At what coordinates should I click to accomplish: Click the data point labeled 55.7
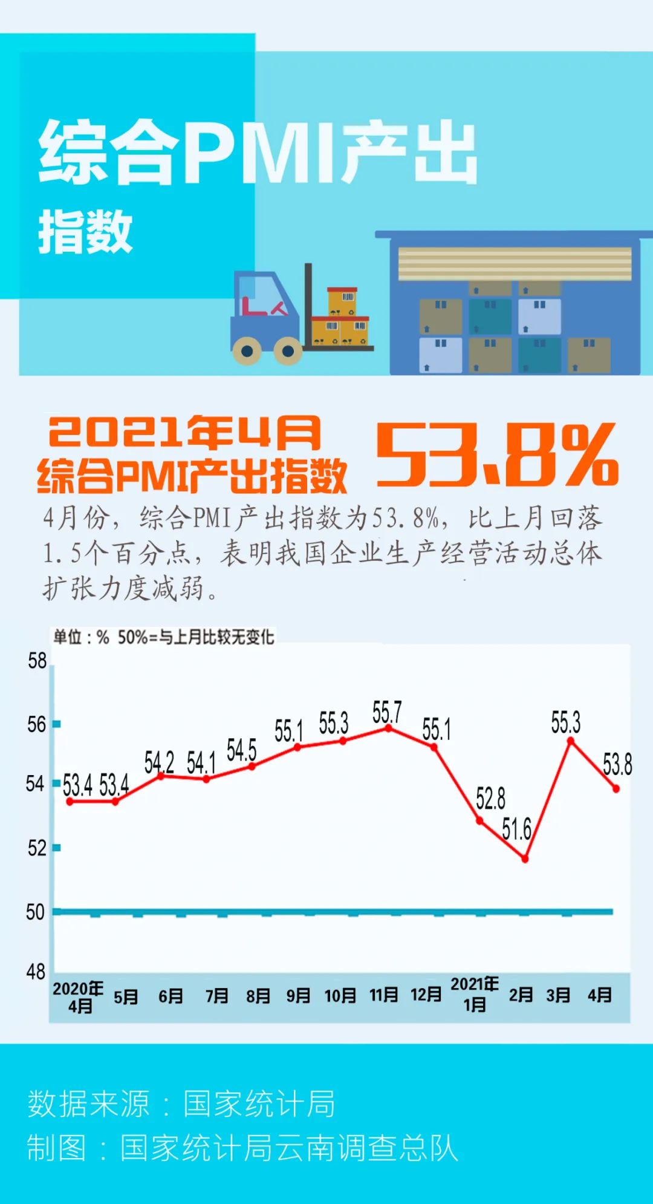pyautogui.click(x=388, y=728)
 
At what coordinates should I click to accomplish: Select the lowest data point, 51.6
pyautogui.click(x=525, y=859)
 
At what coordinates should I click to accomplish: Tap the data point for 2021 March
pyautogui.click(x=570, y=741)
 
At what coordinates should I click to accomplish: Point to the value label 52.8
pyautogui.click(x=490, y=799)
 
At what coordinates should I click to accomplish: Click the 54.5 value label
pyautogui.click(x=242, y=750)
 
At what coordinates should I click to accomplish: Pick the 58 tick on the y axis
pyautogui.click(x=37, y=661)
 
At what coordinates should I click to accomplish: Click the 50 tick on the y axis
pyautogui.click(x=35, y=912)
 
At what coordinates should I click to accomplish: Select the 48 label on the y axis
pyautogui.click(x=36, y=972)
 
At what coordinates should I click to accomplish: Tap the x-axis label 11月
pyautogui.click(x=384, y=995)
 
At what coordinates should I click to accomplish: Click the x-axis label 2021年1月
pyautogui.click(x=475, y=995)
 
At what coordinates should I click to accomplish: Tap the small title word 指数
pyautogui.click(x=85, y=232)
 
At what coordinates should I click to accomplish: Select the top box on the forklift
pyautogui.click(x=342, y=301)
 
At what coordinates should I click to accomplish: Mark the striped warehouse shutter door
pyautogui.click(x=515, y=264)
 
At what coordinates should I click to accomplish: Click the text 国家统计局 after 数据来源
pyautogui.click(x=259, y=1104)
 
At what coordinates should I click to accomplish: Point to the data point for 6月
pyautogui.click(x=161, y=776)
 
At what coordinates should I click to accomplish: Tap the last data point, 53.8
pyautogui.click(x=616, y=788)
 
